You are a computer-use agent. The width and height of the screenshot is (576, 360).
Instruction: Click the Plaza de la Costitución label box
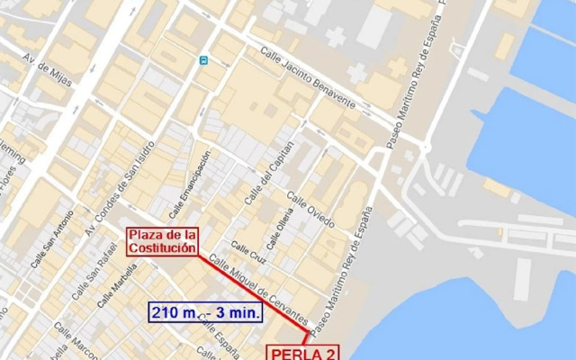click(162, 242)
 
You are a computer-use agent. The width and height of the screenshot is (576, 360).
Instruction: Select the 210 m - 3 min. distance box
click(206, 312)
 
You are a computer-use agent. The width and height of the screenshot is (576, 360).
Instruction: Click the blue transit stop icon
click(204, 60)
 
